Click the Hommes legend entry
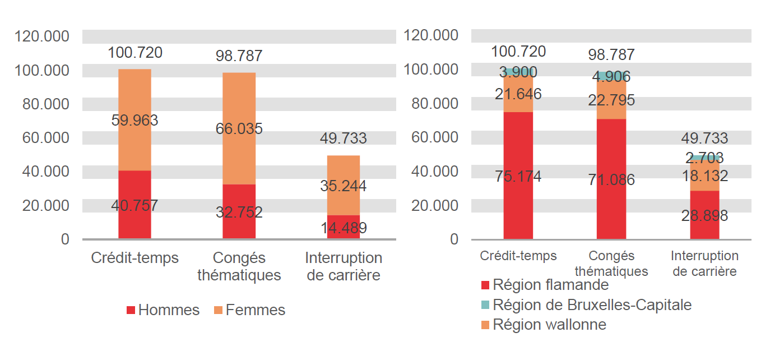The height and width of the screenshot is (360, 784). pos(163,310)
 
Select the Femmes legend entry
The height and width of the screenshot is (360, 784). pos(249,310)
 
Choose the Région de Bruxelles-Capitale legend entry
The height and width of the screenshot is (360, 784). pos(586,305)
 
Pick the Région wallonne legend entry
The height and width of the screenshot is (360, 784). pos(544,325)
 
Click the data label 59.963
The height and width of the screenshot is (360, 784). pos(134,120)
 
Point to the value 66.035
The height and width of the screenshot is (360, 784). pos(239,128)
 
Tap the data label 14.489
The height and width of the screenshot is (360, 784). pos(344,228)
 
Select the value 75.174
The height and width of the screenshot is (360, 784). pos(518,177)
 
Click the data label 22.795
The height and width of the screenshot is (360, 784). pos(611,100)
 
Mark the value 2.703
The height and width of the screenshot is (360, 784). pos(704,158)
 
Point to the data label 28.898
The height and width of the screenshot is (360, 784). pos(704,215)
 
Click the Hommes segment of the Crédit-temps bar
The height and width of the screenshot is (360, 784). pos(134,191)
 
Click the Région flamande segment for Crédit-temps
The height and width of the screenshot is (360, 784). pos(518,146)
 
